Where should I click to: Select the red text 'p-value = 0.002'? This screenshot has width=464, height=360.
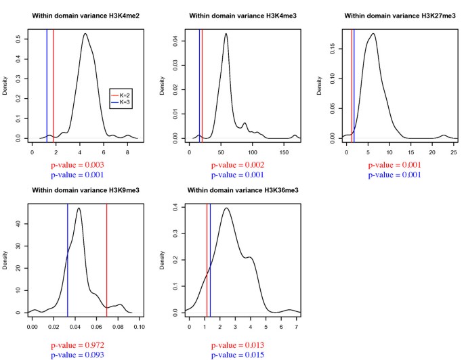coord(237,165)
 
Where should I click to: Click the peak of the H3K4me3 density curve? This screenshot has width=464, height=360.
coord(226,34)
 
